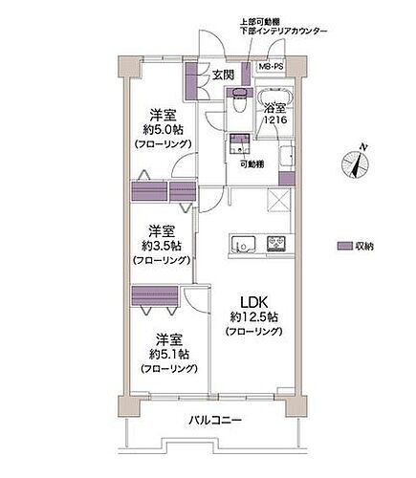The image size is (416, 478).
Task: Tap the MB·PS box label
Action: pos(273,68)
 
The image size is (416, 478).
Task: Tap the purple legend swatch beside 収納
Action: pos(343,246)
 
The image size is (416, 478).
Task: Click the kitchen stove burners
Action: pos(278,245)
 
